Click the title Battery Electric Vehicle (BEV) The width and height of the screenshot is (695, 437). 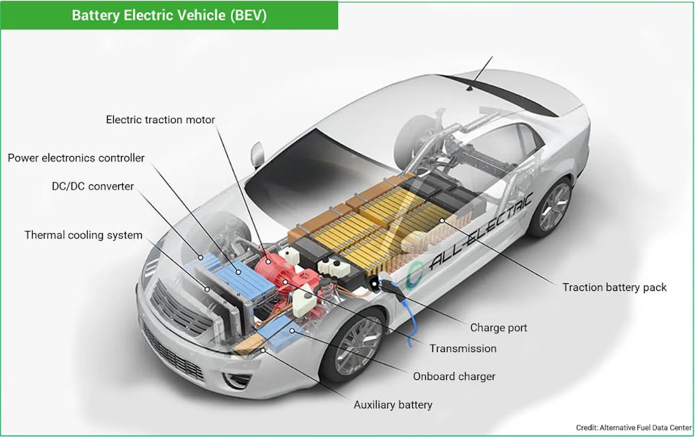tap(169, 15)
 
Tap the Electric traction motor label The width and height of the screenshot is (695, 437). tap(160, 120)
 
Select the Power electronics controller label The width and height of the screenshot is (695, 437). tap(76, 158)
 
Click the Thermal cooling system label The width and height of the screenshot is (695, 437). tap(83, 235)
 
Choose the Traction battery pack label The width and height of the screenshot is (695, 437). tap(614, 287)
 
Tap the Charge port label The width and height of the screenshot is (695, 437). tap(498, 328)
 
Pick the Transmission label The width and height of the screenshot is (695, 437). tap(463, 348)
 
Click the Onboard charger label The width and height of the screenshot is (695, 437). tap(454, 376)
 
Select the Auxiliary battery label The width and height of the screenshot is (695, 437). tap(393, 404)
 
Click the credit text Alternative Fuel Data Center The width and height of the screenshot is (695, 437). tap(633, 427)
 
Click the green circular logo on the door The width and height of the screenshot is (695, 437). tap(416, 272)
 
